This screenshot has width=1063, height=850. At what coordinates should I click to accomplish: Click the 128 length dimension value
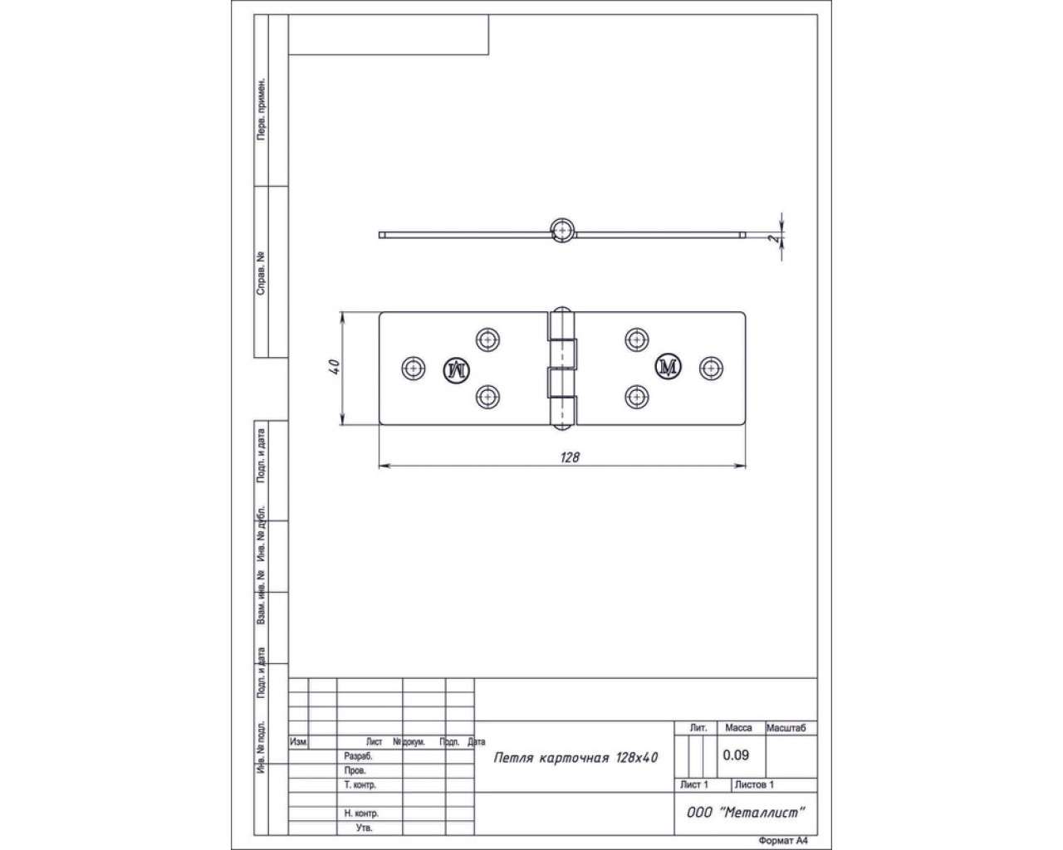[570, 457]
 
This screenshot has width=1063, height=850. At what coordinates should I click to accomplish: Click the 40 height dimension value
[335, 367]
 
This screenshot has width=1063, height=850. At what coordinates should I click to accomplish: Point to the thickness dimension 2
[773, 239]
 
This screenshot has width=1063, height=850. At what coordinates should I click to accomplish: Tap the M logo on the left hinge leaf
[457, 370]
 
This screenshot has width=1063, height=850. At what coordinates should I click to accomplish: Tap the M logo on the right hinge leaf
[668, 367]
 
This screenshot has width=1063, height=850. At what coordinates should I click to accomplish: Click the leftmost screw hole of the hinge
[414, 369]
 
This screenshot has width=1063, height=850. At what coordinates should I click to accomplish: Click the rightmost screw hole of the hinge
[712, 368]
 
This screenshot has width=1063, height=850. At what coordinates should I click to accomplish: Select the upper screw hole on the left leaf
[488, 340]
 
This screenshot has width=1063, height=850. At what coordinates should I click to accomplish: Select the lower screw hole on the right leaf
[637, 397]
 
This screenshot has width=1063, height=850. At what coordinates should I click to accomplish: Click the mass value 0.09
[736, 755]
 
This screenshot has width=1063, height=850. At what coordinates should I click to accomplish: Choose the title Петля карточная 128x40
[576, 758]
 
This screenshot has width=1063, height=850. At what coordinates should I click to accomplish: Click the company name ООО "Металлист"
[746, 813]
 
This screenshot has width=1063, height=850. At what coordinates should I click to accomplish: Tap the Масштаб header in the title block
[786, 728]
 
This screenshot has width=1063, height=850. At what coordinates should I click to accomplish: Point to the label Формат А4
[783, 841]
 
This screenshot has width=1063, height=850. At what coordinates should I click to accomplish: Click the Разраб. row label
[359, 756]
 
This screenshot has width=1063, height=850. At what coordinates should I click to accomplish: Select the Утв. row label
[364, 828]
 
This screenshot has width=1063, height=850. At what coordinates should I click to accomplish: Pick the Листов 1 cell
[754, 784]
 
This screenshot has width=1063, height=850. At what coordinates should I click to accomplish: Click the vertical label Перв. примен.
[262, 108]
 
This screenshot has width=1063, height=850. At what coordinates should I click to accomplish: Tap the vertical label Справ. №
[261, 274]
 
